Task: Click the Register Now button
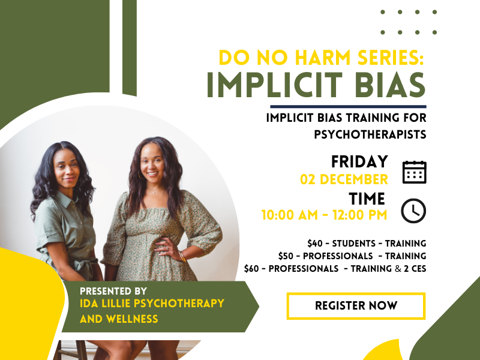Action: click(x=356, y=306)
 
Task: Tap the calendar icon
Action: click(x=414, y=172)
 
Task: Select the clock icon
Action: click(x=413, y=211)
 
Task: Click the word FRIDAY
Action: click(x=359, y=161)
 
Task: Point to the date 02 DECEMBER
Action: click(x=344, y=179)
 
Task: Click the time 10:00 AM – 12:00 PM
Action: click(x=324, y=215)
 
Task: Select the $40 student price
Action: click(x=315, y=244)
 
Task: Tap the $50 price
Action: click(x=286, y=256)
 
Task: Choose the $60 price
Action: click(x=251, y=268)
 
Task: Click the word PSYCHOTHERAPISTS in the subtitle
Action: click(x=370, y=134)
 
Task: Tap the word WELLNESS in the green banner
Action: click(x=132, y=319)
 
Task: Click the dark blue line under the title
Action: click(x=348, y=107)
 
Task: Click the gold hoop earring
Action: click(x=142, y=175)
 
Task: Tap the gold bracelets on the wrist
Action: click(x=182, y=257)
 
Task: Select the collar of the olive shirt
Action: click(x=65, y=197)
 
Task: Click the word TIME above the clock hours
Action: click(x=367, y=199)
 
